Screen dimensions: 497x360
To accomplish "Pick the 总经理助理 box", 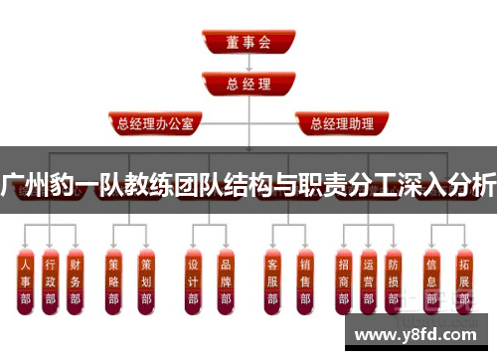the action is point(335,124).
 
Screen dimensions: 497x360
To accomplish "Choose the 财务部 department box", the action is point(76,281).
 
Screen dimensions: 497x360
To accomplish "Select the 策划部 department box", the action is point(145,281).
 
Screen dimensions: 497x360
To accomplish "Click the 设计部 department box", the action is point(194,281).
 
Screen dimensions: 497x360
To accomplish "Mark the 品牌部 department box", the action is point(226,281).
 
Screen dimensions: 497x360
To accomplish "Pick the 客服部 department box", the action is point(273,281).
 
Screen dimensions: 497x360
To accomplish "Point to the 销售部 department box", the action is point(305,281).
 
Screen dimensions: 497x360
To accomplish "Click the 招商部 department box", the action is point(344,281).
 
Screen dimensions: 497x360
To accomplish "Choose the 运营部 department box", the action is point(369,281).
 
